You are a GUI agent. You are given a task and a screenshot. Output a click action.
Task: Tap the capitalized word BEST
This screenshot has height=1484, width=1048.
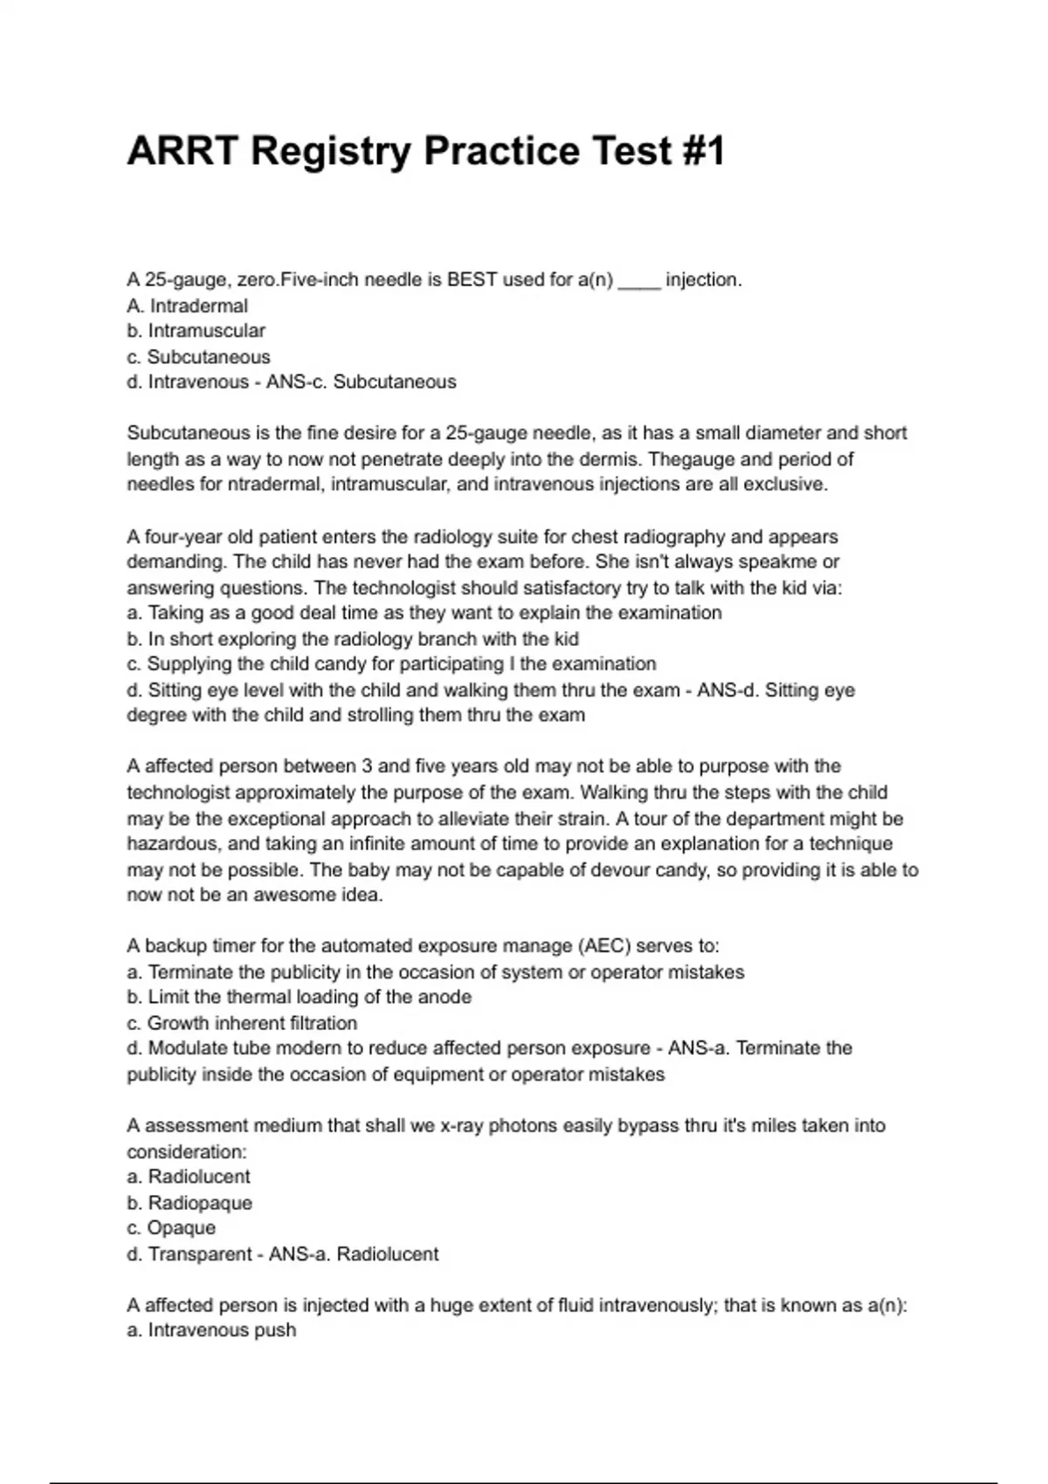pyautogui.click(x=472, y=280)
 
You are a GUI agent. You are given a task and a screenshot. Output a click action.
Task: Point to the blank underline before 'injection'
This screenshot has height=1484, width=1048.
pyautogui.click(x=639, y=282)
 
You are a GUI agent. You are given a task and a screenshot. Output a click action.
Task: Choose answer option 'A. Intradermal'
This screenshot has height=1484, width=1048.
pyautogui.click(x=187, y=306)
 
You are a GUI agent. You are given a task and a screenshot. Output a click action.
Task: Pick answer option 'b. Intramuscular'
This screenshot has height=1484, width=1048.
pyautogui.click(x=196, y=331)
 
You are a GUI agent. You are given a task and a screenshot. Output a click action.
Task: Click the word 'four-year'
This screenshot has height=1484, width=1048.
pyautogui.click(x=178, y=537)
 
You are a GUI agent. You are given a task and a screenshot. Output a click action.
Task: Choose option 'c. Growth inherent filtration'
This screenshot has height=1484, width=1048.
pyautogui.click(x=242, y=1023)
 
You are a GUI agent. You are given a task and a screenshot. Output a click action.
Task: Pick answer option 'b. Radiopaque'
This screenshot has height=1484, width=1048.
pyautogui.click(x=189, y=1203)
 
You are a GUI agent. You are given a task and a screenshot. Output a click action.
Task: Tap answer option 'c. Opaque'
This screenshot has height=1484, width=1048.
pyautogui.click(x=171, y=1228)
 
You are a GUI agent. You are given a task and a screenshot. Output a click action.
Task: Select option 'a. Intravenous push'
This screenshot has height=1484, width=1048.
pyautogui.click(x=211, y=1330)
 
